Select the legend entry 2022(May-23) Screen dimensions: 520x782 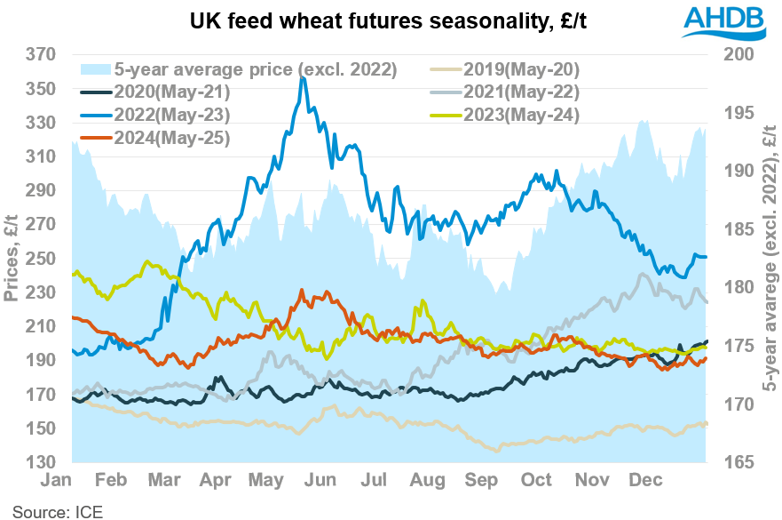pos(168,114)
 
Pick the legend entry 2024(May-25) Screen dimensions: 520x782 pos(168,137)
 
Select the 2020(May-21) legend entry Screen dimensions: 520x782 pos(168,92)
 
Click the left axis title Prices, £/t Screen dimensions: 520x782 pos(12,258)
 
